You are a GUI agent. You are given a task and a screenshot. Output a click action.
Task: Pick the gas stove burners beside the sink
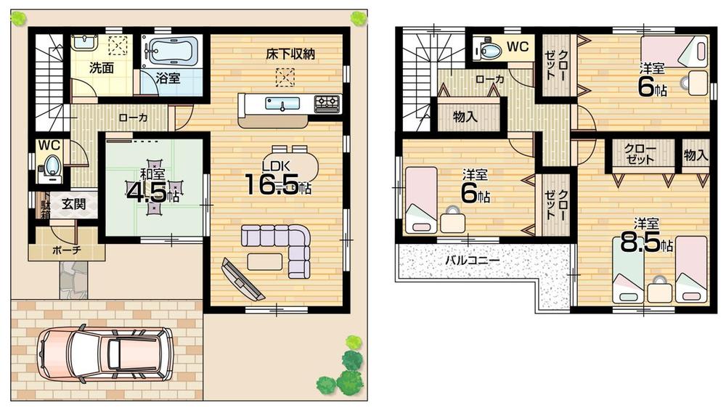coord(326,103)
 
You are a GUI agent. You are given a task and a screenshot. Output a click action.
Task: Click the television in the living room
coord(243,279)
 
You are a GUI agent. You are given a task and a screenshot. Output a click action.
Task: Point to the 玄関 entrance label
coord(73,204)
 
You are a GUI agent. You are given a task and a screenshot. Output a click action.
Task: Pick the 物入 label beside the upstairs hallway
coord(465,117)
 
